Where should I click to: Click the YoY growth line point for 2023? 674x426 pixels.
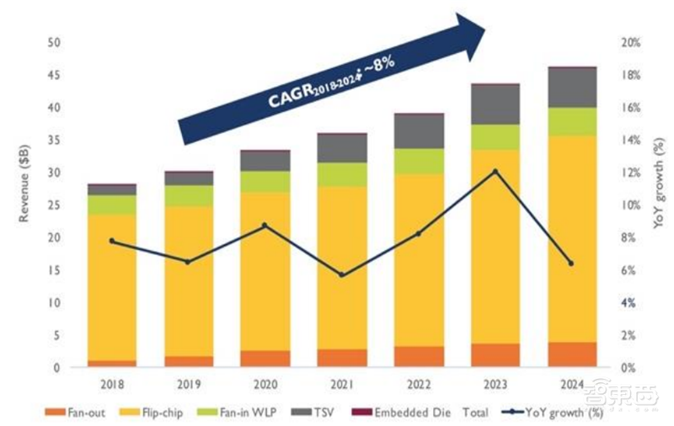pos(495,171)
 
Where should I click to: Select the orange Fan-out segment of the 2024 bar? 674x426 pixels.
pos(572,354)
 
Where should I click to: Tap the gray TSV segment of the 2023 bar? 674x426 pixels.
pos(495,104)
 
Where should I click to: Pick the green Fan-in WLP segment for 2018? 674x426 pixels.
pos(111,205)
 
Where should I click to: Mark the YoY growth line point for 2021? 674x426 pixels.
pos(341,275)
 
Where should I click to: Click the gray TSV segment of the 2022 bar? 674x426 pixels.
pos(418,131)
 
